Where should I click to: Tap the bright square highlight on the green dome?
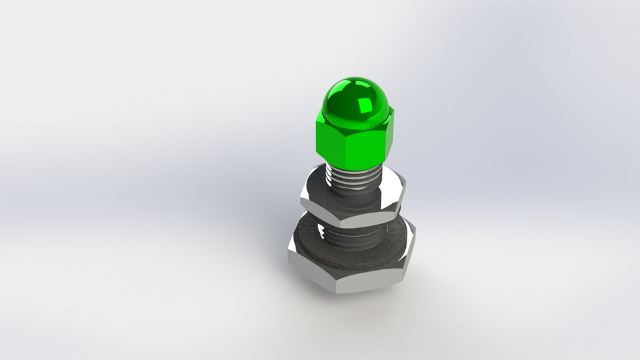[x=365, y=105]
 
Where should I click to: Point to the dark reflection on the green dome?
[x=343, y=107]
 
